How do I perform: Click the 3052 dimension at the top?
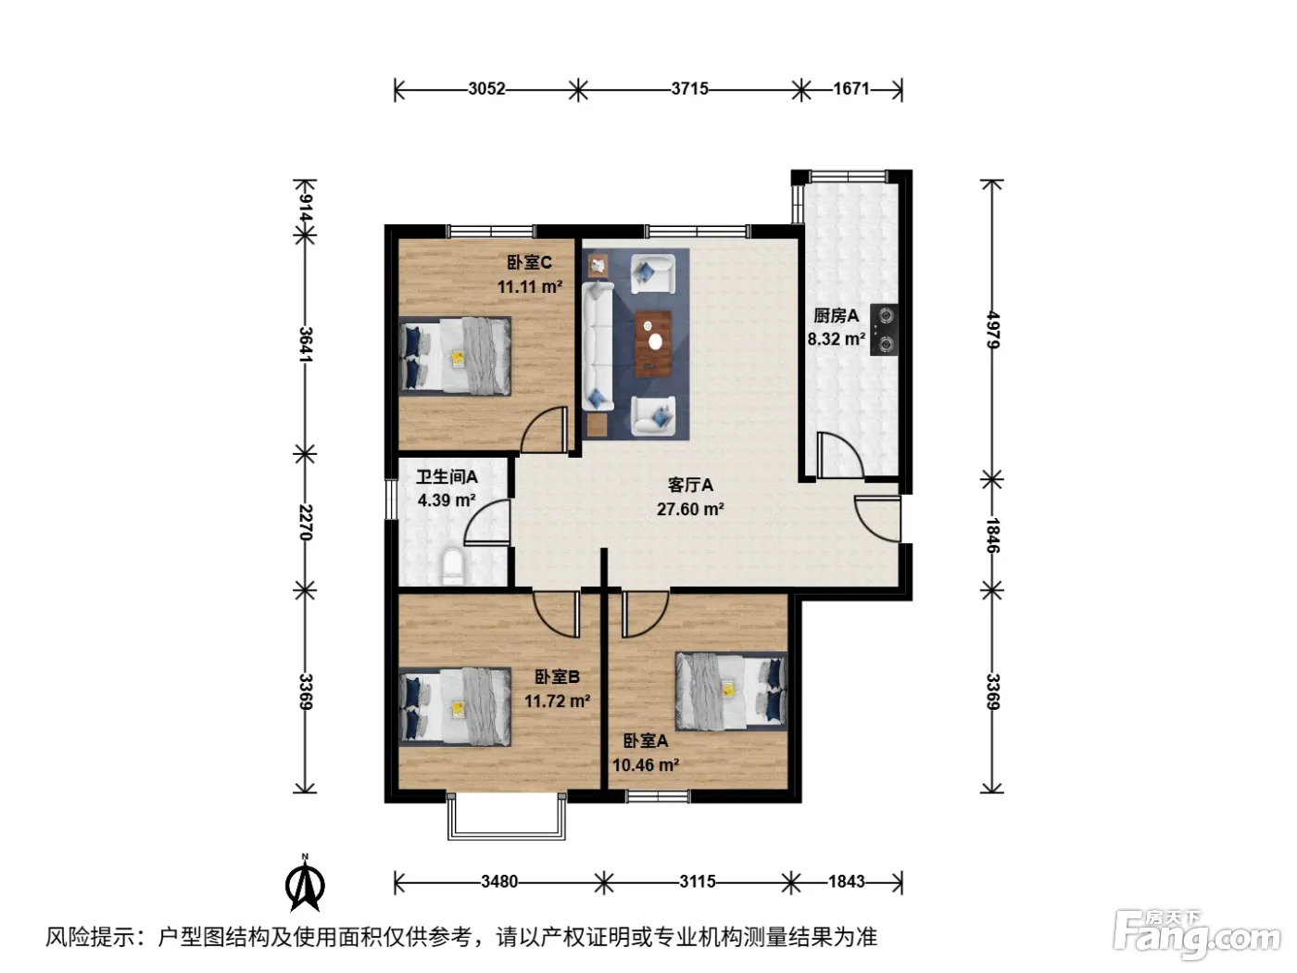click(x=486, y=89)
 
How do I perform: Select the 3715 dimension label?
click(x=689, y=89)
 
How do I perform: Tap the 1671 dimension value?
click(x=850, y=89)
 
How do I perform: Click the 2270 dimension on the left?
click(x=305, y=522)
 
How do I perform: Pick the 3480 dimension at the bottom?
click(x=498, y=881)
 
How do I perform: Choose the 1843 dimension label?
click(x=846, y=881)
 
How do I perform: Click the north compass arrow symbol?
click(x=305, y=884)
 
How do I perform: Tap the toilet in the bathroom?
click(x=454, y=565)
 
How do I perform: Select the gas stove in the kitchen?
click(x=884, y=329)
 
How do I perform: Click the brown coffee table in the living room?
click(x=653, y=343)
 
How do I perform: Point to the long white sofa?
click(x=598, y=346)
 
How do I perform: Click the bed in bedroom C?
click(x=455, y=356)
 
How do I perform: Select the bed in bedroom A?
click(x=732, y=691)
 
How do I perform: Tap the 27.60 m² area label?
click(x=690, y=510)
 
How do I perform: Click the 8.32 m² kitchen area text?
click(x=837, y=339)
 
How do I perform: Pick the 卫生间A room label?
click(x=447, y=476)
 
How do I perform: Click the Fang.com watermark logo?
click(x=1197, y=935)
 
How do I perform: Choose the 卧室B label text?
click(x=557, y=677)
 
